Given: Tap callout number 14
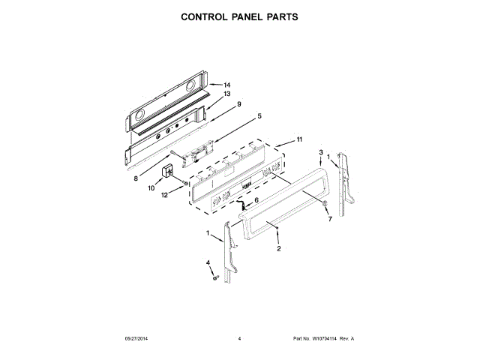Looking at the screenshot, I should pyautogui.click(x=226, y=85).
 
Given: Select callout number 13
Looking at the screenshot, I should pyautogui.click(x=226, y=94).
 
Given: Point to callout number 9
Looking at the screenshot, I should pyautogui.click(x=238, y=103).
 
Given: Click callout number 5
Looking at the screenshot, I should pyautogui.click(x=259, y=115).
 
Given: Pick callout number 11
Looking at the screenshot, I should pyautogui.click(x=298, y=139).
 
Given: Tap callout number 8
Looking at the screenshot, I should pyautogui.click(x=136, y=178).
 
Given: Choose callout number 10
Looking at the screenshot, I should pyautogui.click(x=150, y=189).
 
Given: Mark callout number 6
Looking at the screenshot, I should pyautogui.click(x=255, y=200).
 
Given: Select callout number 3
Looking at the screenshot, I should pyautogui.click(x=321, y=152).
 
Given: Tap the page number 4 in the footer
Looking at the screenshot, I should pyautogui.click(x=239, y=338).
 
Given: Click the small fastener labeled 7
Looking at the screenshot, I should pyautogui.click(x=324, y=205).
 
